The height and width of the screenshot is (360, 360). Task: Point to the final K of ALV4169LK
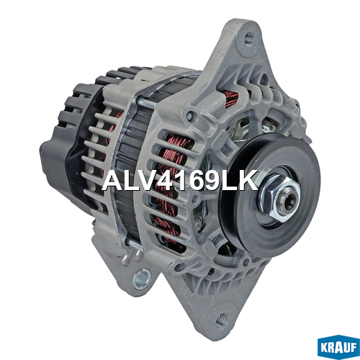click(x=248, y=181)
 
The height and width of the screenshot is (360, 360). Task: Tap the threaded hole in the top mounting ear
click(x=249, y=37)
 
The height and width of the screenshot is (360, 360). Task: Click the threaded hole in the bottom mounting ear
click(x=220, y=320)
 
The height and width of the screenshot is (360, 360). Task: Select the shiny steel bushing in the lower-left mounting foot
click(x=142, y=279)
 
